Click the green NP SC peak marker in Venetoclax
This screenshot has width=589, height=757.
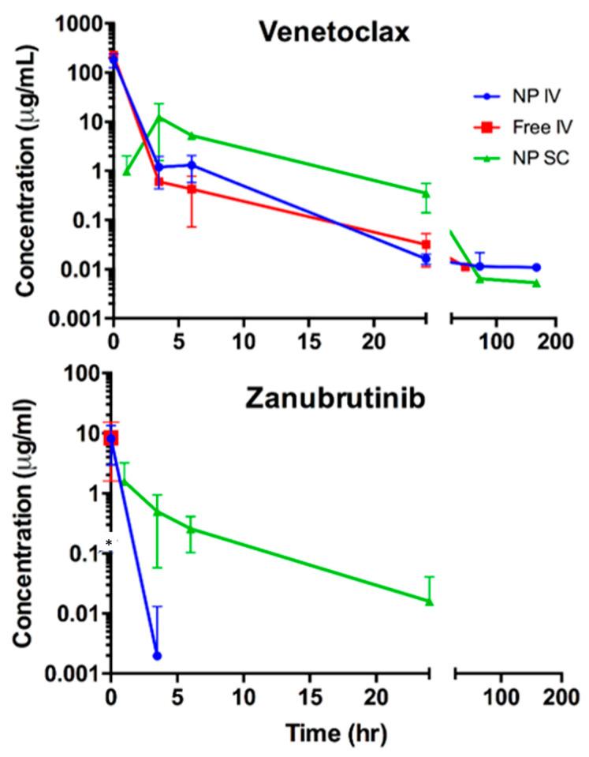point(159,118)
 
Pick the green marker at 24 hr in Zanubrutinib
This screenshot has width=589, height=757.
point(429,601)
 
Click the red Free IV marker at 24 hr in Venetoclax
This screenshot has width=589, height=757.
point(427,244)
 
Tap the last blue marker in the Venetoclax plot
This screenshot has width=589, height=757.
point(536,268)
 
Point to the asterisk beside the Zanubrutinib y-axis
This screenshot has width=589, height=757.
point(109,544)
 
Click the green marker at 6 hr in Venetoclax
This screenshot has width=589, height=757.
point(192,136)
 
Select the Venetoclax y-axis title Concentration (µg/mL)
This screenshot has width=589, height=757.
point(27,167)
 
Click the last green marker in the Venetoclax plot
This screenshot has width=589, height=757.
point(536,283)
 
